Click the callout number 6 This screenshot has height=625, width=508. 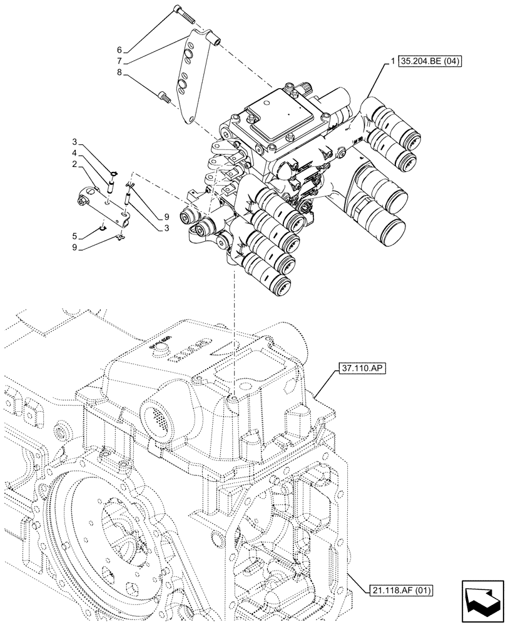tap(119, 51)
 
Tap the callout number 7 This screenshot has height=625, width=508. tap(119, 61)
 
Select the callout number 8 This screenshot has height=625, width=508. tap(119, 72)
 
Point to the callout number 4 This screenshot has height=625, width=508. tap(74, 152)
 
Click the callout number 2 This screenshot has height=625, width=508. tap(74, 163)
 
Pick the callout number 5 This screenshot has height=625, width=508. tap(74, 236)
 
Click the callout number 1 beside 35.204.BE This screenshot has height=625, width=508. tap(392, 61)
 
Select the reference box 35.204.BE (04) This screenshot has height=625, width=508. tap(429, 61)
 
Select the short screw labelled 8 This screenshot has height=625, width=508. tap(165, 96)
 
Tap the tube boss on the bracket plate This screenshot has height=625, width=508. tap(215, 41)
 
